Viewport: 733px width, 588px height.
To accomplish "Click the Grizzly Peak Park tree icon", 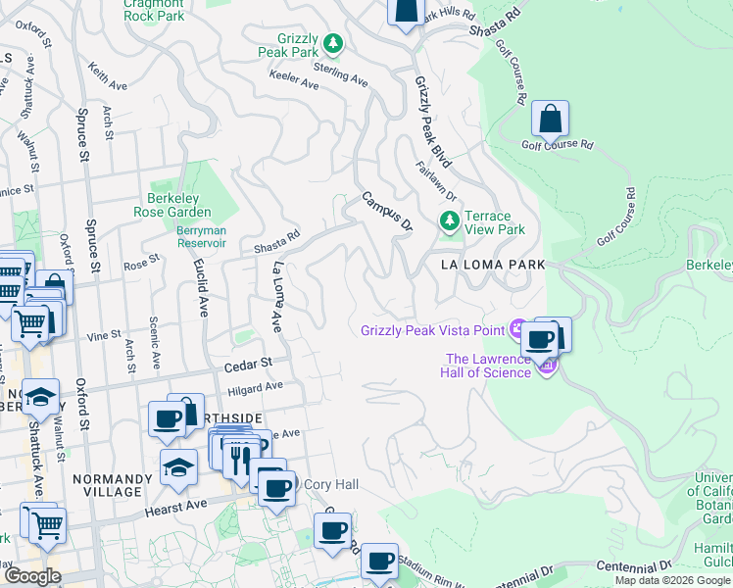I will coord(334,42).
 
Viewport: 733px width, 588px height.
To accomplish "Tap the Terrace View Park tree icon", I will coord(450,222).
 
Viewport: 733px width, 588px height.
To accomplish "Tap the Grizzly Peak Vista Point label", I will coord(432,330).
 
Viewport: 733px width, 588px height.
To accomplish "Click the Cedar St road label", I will coord(247,364).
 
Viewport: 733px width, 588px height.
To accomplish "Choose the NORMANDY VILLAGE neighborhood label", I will coord(113,486).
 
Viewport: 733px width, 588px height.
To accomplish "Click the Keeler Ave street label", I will coord(294,85).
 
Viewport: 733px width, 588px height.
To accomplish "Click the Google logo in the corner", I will coord(31,575).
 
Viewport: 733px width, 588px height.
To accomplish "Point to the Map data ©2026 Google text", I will coord(671,580).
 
